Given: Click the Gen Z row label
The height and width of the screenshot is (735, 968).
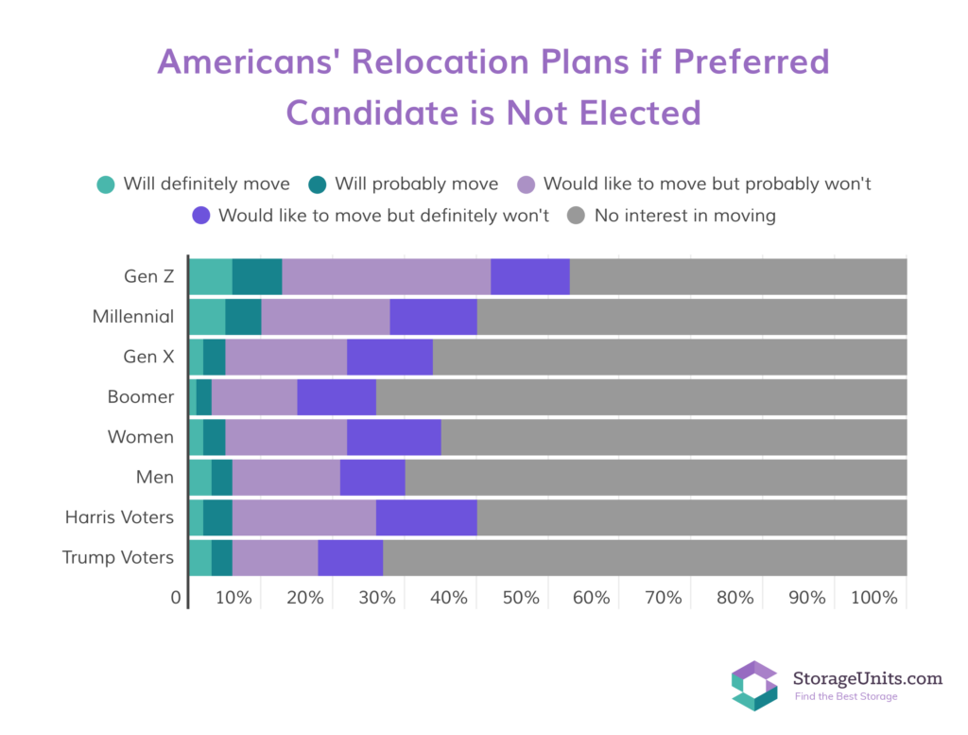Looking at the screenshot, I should coord(148,276).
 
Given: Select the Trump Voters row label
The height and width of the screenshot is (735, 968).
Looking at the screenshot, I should coord(118,557).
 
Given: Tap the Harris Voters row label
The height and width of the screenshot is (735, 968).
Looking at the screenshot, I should coord(119,517).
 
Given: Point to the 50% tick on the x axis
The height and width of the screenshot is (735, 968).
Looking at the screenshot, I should coord(521,599).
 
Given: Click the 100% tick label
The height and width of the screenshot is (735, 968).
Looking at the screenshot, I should coord(873,599).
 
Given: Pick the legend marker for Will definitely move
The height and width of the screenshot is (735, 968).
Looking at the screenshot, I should coord(106,184).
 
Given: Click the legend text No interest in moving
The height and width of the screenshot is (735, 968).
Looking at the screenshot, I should coord(684,216).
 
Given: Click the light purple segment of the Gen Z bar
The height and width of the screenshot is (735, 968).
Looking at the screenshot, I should coord(386,276).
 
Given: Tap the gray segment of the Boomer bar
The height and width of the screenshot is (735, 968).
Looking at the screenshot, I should coord(641,396).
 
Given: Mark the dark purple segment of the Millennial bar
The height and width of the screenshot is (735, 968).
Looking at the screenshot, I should coord(433,316).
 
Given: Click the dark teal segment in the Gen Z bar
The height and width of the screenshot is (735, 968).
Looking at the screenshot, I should coord(257,276).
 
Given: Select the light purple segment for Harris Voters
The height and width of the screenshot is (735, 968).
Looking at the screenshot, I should coord(303,517).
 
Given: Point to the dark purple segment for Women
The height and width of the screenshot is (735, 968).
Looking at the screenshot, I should coord(393,437).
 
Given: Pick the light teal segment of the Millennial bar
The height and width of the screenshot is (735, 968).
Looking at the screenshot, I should coord(207,316).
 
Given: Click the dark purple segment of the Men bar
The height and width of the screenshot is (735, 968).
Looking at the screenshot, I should coord(372,477).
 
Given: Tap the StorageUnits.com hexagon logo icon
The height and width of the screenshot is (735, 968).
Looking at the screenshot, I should coord(753,686).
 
